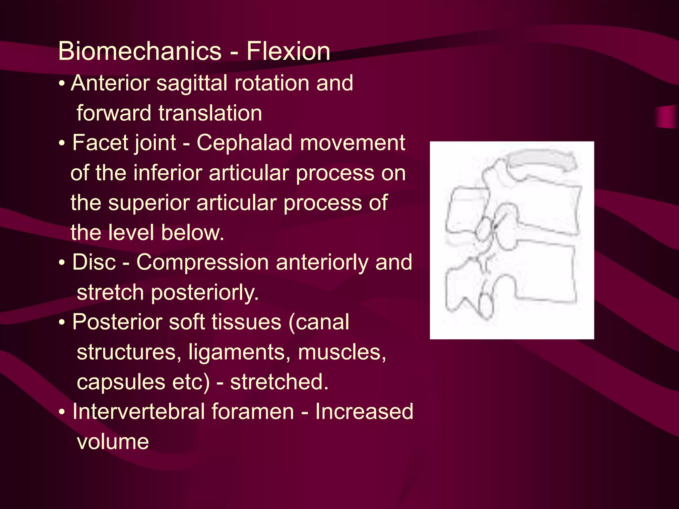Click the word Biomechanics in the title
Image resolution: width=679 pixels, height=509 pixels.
140,51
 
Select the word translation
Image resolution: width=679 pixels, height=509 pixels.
210,113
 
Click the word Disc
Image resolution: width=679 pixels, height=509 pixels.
94,262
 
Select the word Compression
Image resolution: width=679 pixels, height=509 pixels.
202,262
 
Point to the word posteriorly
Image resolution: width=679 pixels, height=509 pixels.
205,293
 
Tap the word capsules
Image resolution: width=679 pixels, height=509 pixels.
121,382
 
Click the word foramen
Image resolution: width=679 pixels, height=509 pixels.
253,412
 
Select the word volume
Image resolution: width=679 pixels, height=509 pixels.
113,442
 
